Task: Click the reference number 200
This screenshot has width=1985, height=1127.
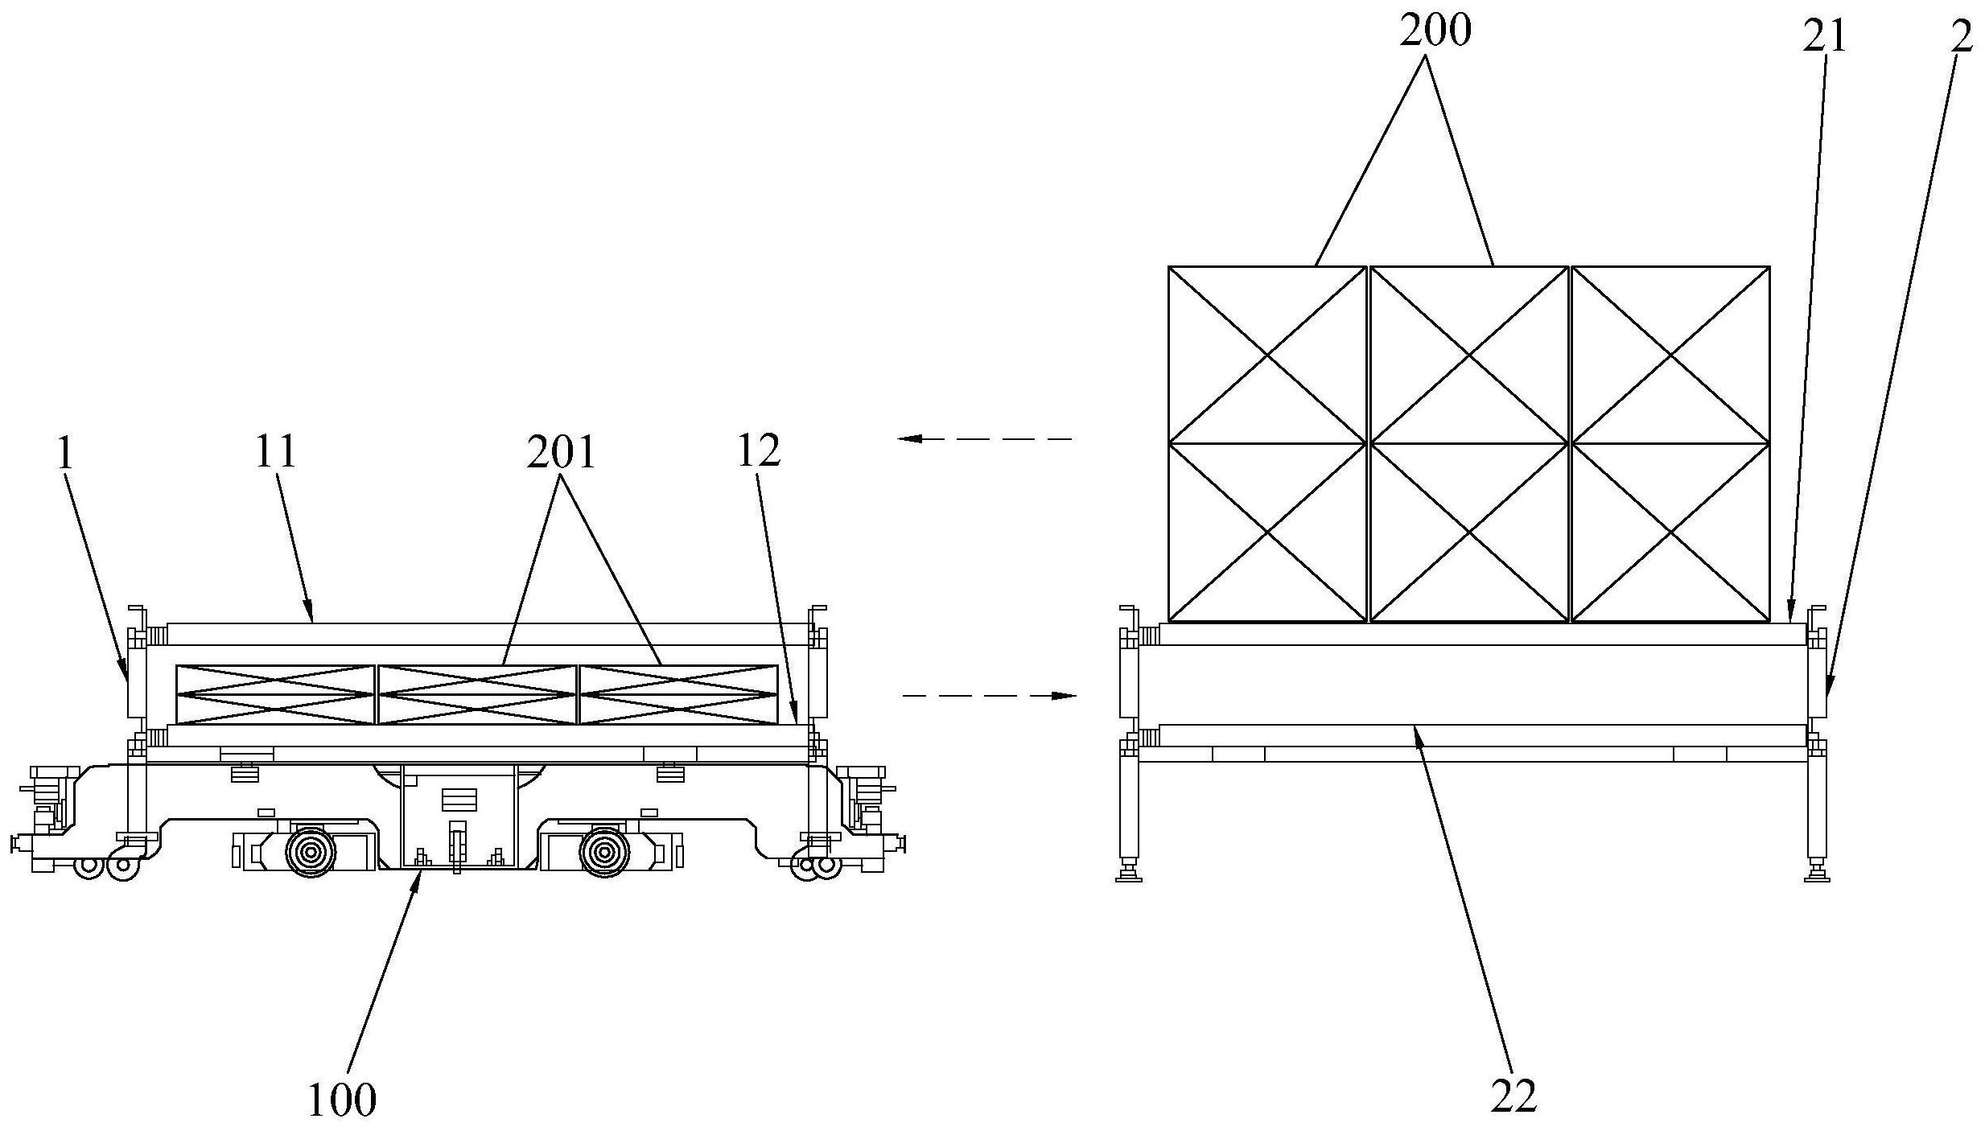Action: (1435, 31)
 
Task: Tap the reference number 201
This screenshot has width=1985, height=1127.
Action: (561, 452)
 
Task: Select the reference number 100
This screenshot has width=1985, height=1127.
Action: (342, 1099)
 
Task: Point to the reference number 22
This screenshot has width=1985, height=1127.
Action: (1513, 1094)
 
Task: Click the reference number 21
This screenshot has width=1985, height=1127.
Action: (1824, 35)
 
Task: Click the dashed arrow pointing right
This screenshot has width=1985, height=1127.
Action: (989, 695)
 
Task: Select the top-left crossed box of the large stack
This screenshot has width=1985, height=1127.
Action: (1267, 354)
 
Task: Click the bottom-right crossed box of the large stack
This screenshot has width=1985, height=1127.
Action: (1670, 532)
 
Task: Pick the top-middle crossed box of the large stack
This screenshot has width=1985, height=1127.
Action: (1469, 354)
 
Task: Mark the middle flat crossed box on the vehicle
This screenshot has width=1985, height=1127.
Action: (477, 693)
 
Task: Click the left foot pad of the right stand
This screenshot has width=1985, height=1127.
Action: (1129, 876)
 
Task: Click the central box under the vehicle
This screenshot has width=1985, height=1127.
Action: (458, 816)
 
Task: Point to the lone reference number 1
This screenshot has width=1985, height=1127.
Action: (66, 454)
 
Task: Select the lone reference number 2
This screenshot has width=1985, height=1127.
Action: (1961, 37)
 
